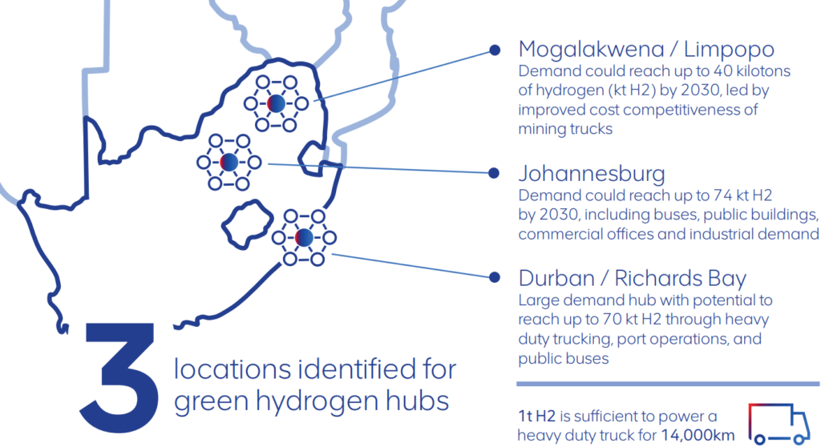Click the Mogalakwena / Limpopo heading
pos(646,50)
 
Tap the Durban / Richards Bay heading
pos(633,279)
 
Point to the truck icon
pos(776,423)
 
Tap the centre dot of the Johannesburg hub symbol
pos(229,161)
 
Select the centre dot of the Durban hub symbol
pos(304,237)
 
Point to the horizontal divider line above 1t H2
pos(657,384)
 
